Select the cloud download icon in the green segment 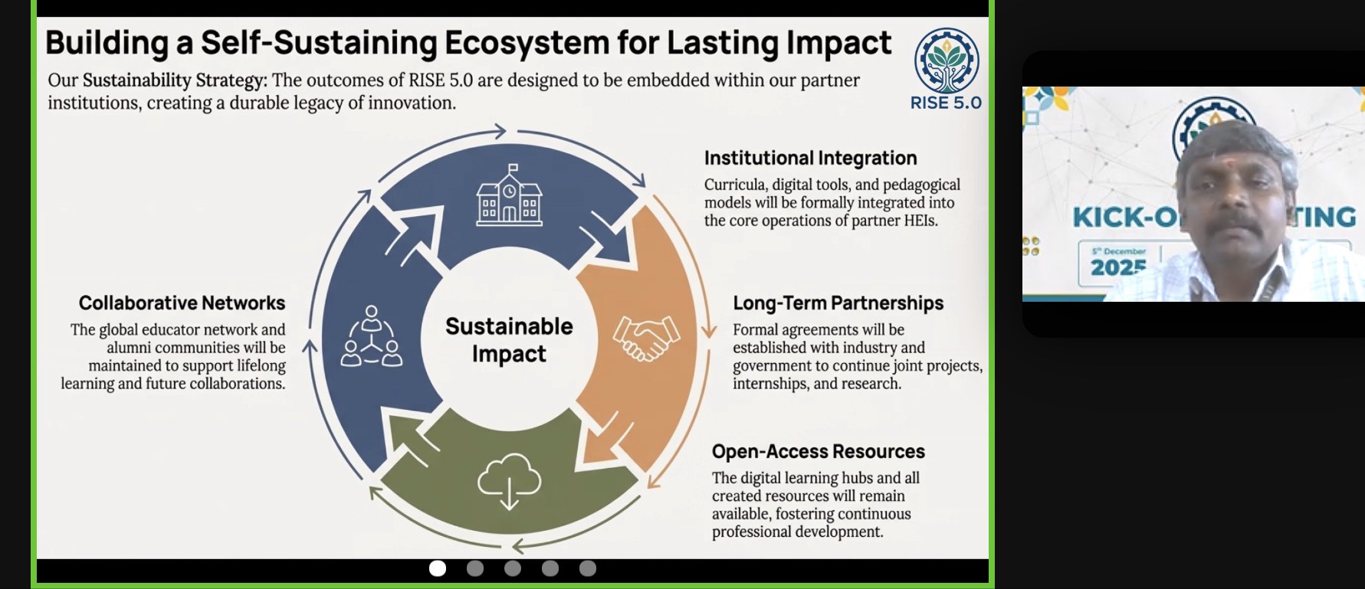[x=509, y=481]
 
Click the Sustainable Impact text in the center [x=509, y=340]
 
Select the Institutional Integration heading [x=810, y=158]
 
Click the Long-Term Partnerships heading [x=838, y=303]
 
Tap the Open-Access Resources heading [x=818, y=451]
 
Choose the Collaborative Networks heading [x=182, y=303]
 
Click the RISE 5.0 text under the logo [x=946, y=103]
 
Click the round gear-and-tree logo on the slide [x=947, y=61]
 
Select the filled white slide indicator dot [x=438, y=568]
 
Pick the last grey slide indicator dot [x=588, y=568]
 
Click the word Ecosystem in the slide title [x=527, y=44]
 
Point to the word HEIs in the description [x=917, y=221]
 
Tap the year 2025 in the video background [x=1118, y=267]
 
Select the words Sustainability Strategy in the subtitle [x=175, y=80]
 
